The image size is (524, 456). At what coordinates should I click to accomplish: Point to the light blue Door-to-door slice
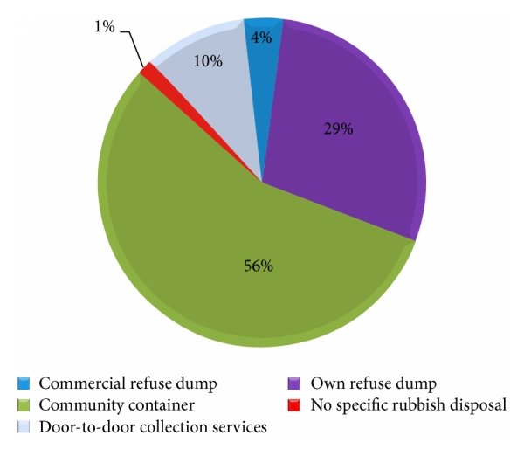click(x=205, y=87)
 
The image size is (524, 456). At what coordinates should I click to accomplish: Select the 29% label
click(x=338, y=129)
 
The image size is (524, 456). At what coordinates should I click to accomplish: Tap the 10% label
click(x=207, y=62)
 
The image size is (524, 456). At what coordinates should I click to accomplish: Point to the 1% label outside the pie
click(x=104, y=27)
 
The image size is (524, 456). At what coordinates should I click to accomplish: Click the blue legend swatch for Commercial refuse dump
click(x=24, y=383)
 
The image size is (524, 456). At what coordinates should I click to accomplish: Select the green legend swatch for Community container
click(x=24, y=405)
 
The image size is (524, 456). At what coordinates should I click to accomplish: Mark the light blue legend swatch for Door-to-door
click(x=24, y=427)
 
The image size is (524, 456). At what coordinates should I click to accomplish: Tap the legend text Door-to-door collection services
click(x=144, y=427)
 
